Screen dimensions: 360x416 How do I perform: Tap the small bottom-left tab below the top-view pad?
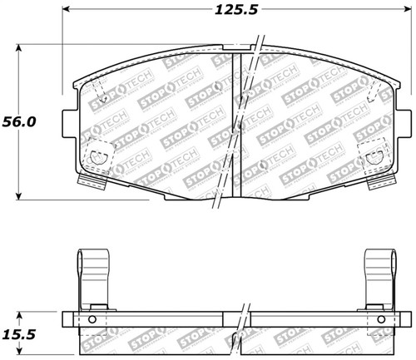click(87, 180)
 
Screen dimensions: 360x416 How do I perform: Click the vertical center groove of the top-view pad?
click(240, 125)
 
